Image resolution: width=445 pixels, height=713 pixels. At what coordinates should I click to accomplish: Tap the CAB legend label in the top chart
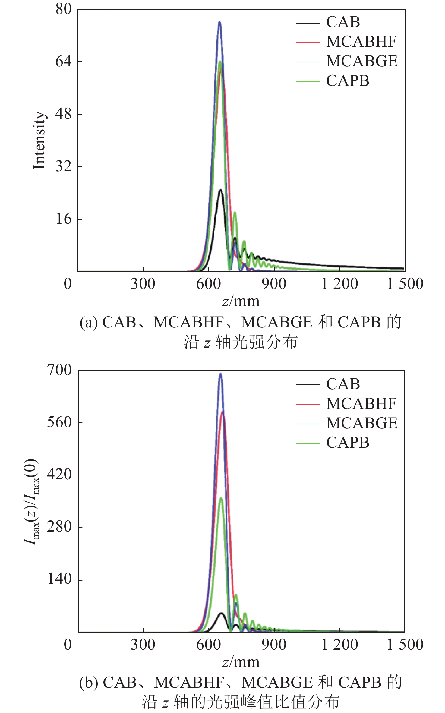pos(343,22)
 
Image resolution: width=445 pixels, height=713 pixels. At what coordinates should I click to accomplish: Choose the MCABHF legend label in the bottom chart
pos(361,404)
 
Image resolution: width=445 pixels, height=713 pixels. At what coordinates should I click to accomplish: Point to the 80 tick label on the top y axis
pos(64,9)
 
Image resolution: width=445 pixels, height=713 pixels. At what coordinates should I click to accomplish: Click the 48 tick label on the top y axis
pos(64,114)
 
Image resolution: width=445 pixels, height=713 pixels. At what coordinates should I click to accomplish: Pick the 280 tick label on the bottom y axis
pos(60,527)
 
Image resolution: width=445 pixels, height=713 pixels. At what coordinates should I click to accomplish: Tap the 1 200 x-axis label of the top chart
pos(339,284)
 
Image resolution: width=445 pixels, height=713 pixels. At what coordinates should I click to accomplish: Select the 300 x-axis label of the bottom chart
pos(143,645)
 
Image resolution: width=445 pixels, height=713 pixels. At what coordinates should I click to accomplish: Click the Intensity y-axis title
pos(39,140)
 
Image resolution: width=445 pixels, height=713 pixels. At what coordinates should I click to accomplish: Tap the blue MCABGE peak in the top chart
pos(219,22)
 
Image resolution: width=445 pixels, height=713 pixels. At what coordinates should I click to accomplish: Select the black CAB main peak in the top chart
pos(220,190)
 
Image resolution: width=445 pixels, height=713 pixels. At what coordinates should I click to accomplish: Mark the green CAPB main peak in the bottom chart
pos(221,498)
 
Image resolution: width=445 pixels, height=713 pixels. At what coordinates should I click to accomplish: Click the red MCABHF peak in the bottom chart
pos(223,412)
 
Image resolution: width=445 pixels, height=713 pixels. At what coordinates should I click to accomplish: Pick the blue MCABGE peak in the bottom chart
pos(220,374)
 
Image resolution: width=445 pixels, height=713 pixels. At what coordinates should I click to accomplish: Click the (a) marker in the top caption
pos(89,323)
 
